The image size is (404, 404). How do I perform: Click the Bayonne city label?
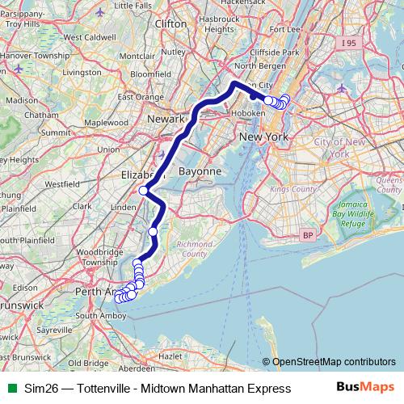(x=198, y=172)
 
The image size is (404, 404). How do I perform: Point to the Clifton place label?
(x=170, y=24)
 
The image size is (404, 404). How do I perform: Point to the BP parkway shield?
(x=306, y=235)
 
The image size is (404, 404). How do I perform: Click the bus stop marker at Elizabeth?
(x=143, y=191)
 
